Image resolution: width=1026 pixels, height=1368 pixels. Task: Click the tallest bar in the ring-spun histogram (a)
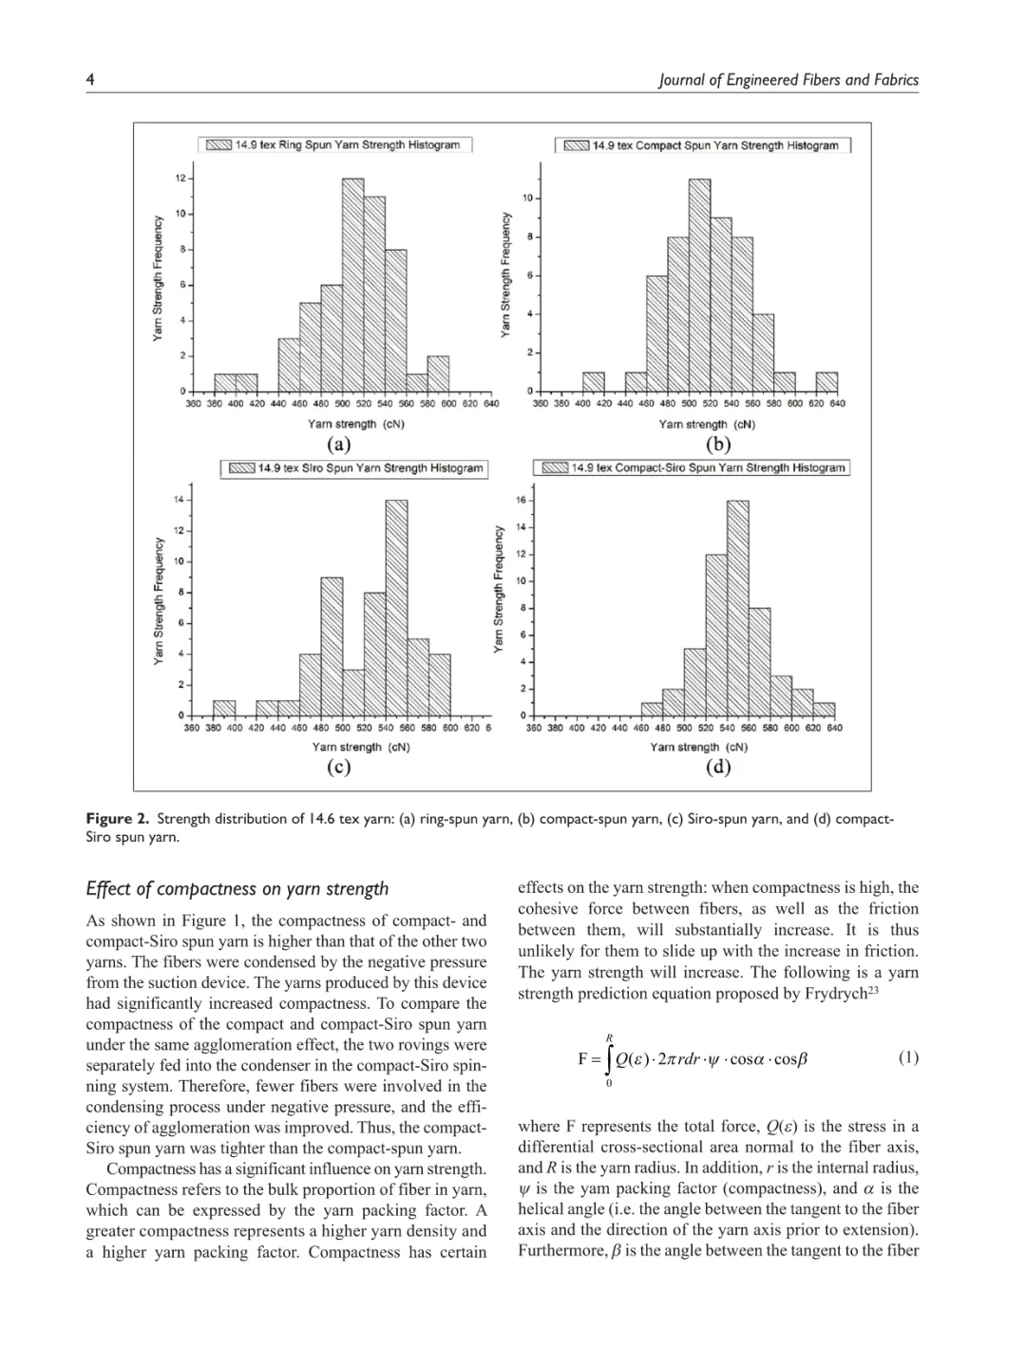(x=352, y=285)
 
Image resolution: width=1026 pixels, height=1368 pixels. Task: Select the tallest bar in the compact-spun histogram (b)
(x=699, y=286)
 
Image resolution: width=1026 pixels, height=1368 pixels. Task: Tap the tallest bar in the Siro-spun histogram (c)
(x=396, y=608)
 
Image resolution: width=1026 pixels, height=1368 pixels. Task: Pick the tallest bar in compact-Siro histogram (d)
(x=737, y=608)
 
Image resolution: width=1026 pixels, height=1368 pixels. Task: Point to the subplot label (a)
(x=339, y=445)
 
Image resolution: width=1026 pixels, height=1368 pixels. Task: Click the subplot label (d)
(x=718, y=767)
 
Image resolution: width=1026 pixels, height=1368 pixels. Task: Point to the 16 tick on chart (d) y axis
(x=520, y=500)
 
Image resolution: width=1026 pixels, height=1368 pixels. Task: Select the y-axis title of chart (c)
(x=160, y=600)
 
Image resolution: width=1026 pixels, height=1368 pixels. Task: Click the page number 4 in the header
(x=90, y=80)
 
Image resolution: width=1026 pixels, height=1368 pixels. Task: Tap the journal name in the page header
(x=788, y=80)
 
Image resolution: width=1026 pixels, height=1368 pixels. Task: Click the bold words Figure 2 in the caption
(x=117, y=819)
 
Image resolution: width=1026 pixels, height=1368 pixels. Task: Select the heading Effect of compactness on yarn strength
(x=237, y=889)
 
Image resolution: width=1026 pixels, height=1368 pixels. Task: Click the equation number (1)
(x=908, y=1057)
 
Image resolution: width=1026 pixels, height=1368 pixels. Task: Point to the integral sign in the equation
(x=609, y=1058)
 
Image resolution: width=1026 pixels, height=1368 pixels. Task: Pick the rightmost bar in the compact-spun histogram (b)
(x=826, y=382)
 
